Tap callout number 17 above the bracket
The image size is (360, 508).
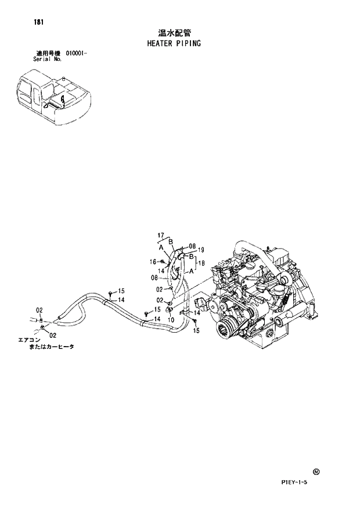tap(161, 235)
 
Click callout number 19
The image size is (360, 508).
tap(201, 250)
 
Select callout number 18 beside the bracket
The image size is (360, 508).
tap(202, 263)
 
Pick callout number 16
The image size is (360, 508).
tap(153, 261)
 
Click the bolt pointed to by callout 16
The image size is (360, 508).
tap(163, 262)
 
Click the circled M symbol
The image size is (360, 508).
tap(315, 472)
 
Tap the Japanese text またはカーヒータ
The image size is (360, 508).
tap(53, 347)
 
